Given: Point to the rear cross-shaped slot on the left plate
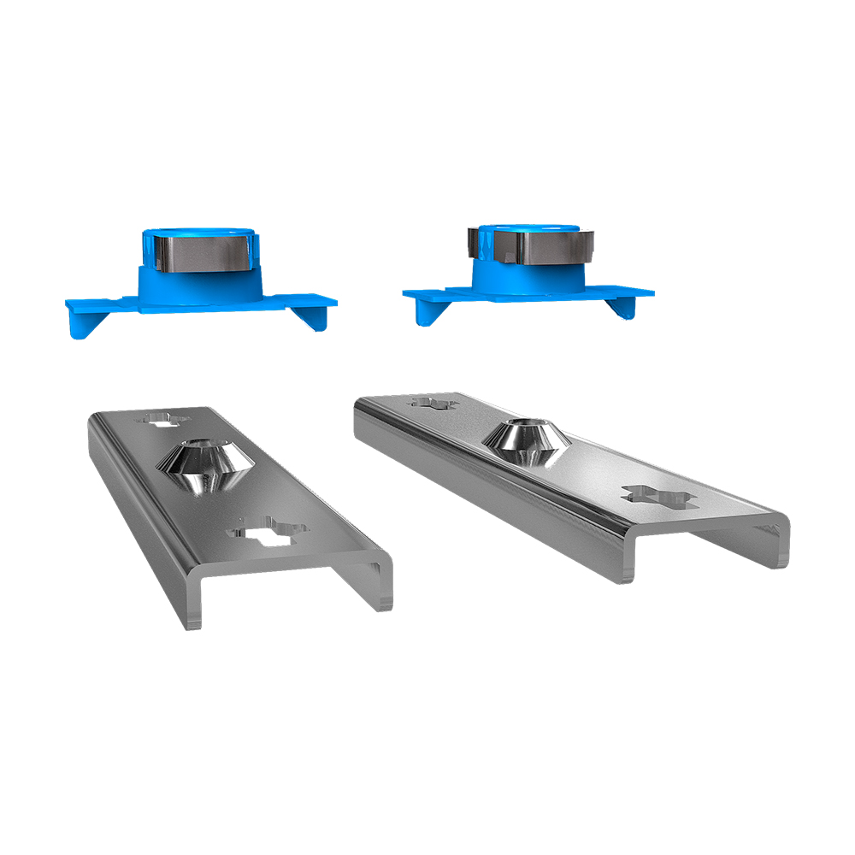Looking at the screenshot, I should (x=163, y=419).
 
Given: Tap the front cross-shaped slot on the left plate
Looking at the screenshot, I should (x=268, y=533).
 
